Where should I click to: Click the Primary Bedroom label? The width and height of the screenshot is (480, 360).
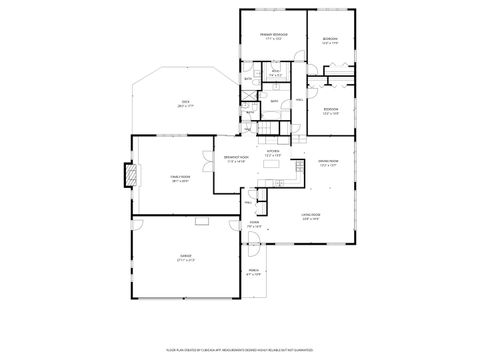[x=273, y=36]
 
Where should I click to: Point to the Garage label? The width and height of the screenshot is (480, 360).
[x=186, y=257]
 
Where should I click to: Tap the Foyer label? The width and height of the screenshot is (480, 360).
[x=255, y=225]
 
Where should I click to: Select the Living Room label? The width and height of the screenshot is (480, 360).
[x=310, y=217]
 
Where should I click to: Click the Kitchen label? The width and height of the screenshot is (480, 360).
[x=272, y=153]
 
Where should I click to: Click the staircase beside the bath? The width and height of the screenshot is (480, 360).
[x=267, y=128]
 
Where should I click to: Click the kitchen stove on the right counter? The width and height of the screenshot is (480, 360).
[x=284, y=181]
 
